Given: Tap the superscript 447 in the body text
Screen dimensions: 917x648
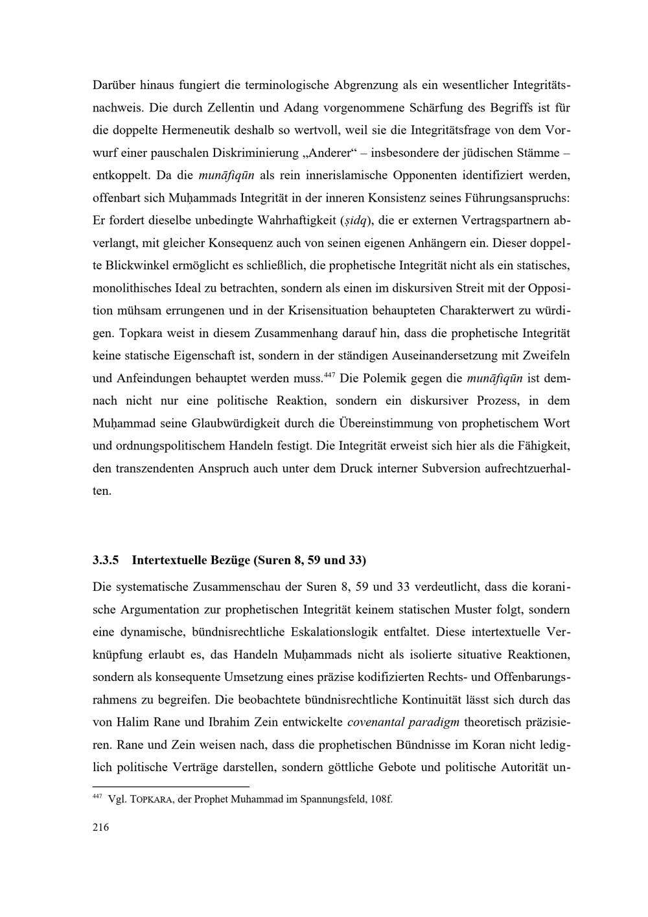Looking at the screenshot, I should pyautogui.click(x=329, y=375).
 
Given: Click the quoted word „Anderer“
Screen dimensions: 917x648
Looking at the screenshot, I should pyautogui.click(x=327, y=152).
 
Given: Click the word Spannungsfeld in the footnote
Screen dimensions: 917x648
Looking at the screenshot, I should pyautogui.click(x=327, y=799).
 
